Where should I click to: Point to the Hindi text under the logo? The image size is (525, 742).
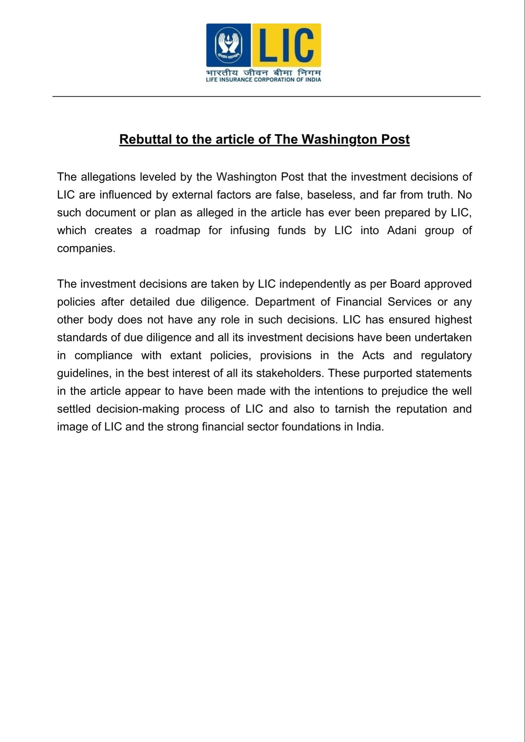[263, 72]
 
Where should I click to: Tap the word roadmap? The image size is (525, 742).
[178, 231]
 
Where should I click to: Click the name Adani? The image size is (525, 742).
[402, 231]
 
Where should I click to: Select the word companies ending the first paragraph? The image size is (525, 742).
[86, 249]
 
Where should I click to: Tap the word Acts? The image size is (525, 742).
[373, 355]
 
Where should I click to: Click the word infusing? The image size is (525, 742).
[250, 231]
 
